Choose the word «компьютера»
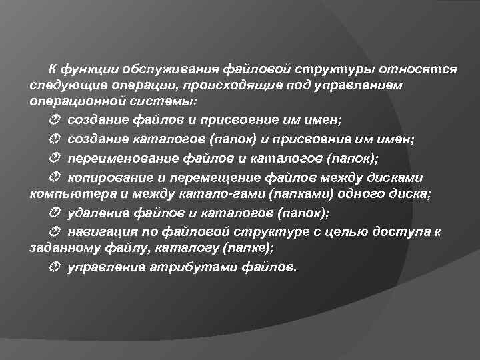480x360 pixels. pos(67,195)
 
